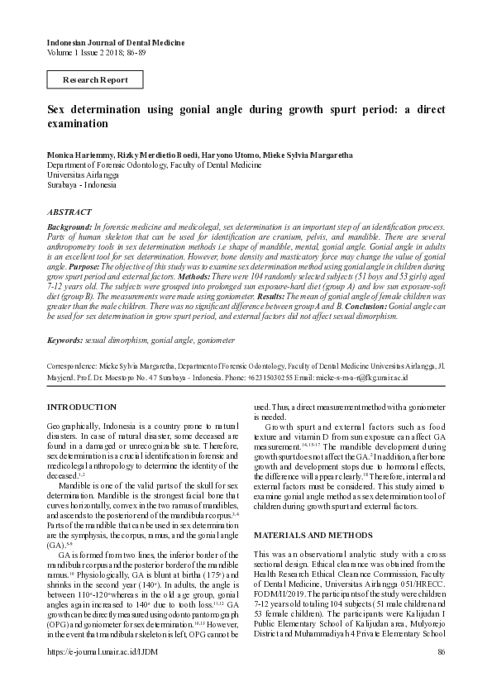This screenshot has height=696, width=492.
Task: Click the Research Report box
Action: (96, 79)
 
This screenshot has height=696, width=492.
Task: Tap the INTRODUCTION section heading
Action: (82, 408)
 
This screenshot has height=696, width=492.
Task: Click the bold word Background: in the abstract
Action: (69, 226)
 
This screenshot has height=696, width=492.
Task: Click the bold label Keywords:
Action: (65, 340)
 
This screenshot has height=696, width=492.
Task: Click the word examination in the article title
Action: (77, 124)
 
